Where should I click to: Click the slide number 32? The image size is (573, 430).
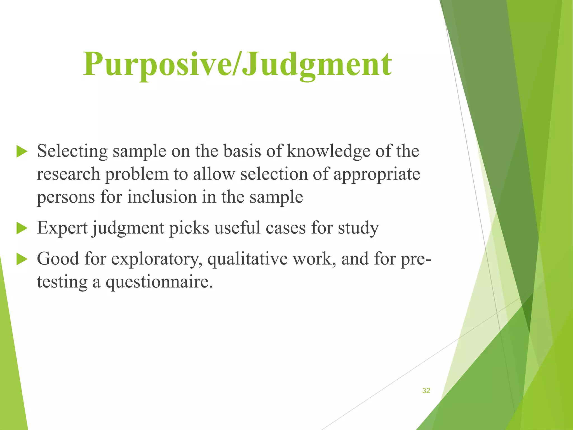pos(426,391)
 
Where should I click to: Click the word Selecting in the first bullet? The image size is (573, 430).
pos(72,151)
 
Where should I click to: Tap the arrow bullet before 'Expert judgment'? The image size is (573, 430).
pos(22,228)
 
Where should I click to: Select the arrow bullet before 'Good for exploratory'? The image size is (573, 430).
pos(22,259)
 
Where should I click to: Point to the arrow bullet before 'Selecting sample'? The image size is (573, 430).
pos(22,152)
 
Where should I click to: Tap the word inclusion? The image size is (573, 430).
pos(162,197)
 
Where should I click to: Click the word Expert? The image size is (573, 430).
pos(62,228)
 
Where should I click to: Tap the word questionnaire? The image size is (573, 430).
pos(159,282)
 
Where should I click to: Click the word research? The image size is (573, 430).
pos(68,174)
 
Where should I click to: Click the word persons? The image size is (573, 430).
pos(66,197)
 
